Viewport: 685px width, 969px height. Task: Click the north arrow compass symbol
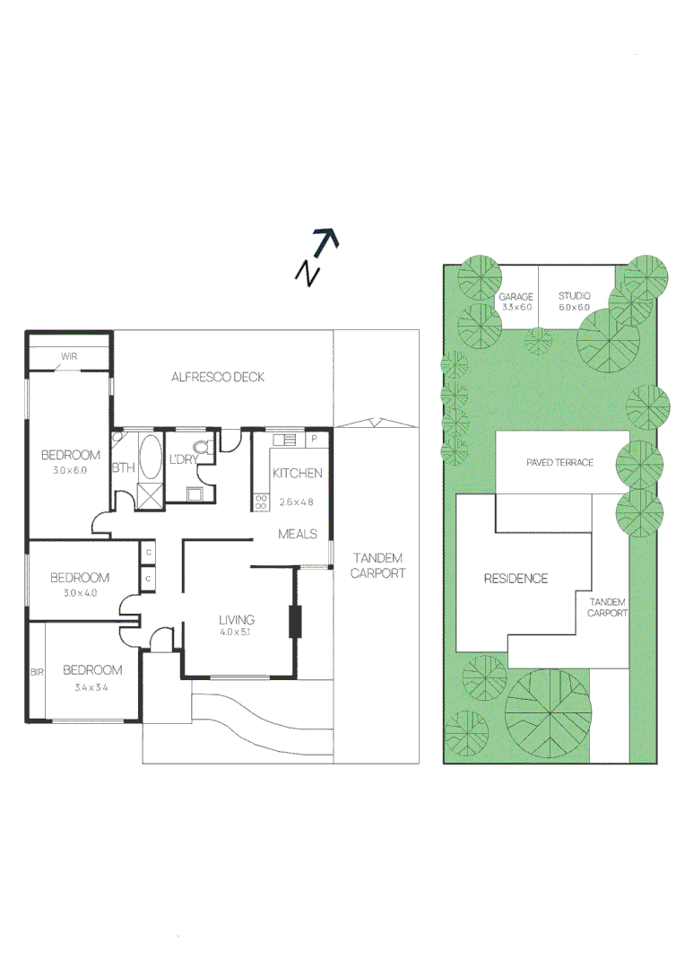(x=317, y=257)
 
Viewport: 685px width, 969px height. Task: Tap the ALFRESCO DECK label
(x=218, y=377)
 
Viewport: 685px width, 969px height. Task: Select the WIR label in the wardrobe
(x=69, y=356)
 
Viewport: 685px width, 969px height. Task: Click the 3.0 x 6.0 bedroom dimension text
(x=70, y=470)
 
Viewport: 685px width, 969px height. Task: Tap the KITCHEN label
(x=297, y=473)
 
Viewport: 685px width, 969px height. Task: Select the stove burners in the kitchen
(x=262, y=502)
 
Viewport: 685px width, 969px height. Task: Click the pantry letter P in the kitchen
(x=314, y=440)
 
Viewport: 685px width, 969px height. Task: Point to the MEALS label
(x=298, y=534)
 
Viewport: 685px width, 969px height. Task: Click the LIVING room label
(x=237, y=619)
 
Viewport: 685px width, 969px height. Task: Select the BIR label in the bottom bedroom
(x=37, y=671)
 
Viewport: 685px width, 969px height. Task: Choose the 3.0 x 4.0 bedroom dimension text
(x=79, y=593)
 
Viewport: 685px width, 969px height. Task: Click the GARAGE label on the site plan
(x=516, y=296)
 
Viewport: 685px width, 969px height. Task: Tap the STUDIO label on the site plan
(x=575, y=295)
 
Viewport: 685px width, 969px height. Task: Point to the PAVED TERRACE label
(x=559, y=462)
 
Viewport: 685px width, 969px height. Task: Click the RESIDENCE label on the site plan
(x=516, y=579)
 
